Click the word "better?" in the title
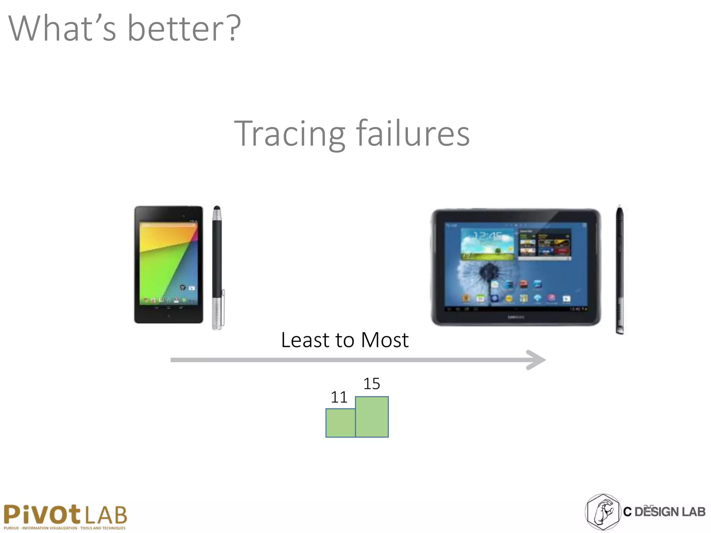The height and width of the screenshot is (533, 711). [x=184, y=28]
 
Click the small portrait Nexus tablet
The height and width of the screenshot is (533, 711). [x=169, y=264]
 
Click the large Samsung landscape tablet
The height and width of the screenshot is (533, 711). [x=516, y=267]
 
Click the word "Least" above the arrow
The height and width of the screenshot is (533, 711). [x=305, y=340]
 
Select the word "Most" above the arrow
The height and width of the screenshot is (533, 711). [x=385, y=340]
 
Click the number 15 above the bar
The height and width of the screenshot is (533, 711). [x=371, y=384]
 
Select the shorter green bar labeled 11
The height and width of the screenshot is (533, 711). [x=340, y=423]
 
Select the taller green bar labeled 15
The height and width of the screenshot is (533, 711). [x=372, y=417]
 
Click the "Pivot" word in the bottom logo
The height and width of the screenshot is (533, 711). [x=42, y=514]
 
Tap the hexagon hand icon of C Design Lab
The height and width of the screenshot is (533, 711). [x=603, y=512]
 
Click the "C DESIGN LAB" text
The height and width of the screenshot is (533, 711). [x=664, y=512]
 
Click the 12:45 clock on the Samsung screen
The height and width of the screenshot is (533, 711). [x=488, y=237]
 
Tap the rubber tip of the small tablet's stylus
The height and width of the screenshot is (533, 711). [x=217, y=209]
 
